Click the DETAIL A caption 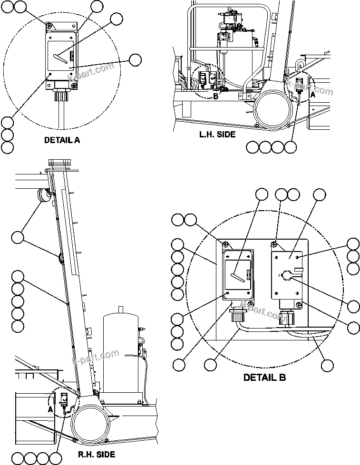(62, 140)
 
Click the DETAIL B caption (264, 378)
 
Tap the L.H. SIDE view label (217, 135)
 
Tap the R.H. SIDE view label (97, 454)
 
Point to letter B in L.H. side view (215, 97)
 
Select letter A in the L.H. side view (312, 95)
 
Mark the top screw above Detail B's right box (274, 244)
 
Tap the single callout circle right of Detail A (135, 59)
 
